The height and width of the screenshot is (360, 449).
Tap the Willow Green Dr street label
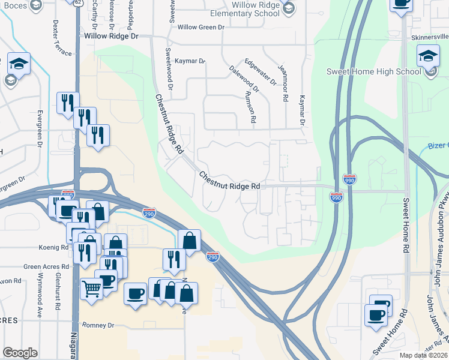pos(200,27)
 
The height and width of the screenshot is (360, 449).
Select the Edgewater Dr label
pos(261,71)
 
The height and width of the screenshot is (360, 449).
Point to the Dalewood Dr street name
pos(244,79)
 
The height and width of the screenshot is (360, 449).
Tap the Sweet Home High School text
pos(373,71)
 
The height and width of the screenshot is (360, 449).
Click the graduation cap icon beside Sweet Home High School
pos(428,57)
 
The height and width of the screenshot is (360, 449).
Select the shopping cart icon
pos(91,289)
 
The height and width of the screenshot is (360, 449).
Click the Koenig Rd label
pos(56,247)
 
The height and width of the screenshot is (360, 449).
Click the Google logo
pos(20,353)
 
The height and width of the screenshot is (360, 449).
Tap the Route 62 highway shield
pos(79,2)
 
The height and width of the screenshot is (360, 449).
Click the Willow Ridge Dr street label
pos(111,36)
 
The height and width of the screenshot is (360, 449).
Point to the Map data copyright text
pos(423,355)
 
